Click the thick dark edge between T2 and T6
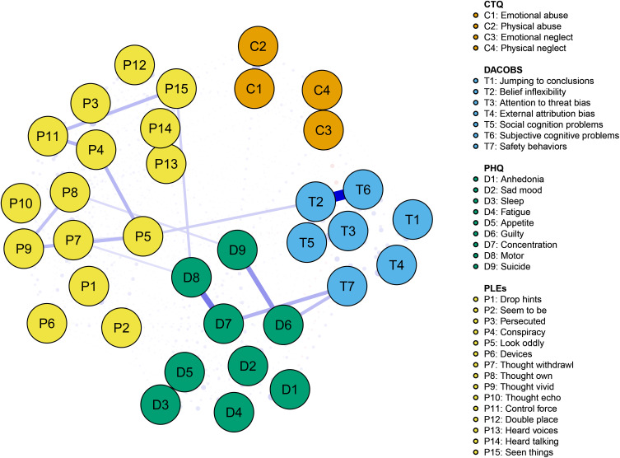[338, 196]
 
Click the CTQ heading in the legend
[495, 6]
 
